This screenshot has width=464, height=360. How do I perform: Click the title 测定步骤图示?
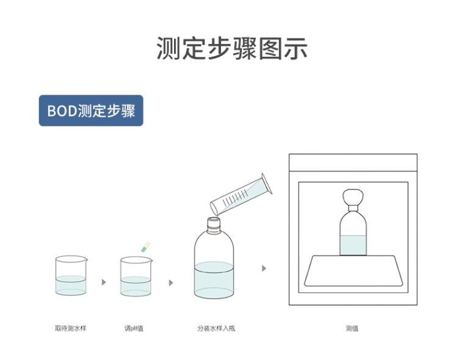pos(232,49)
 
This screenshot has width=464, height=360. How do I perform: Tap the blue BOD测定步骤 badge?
pos(91,110)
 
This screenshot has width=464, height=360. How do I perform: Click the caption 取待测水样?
pos(70,328)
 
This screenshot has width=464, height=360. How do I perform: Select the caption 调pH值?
pos(134,328)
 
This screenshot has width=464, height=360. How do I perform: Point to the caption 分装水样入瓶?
pos(216,328)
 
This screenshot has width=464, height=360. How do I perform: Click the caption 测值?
pos(352,328)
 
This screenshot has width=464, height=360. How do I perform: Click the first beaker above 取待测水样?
pos(71,276)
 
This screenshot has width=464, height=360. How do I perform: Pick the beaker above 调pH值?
pos(136,276)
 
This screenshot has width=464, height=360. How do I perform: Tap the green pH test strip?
pos(145,247)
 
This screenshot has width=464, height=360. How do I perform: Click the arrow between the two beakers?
pos(104,282)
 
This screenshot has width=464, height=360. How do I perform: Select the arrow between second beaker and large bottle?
pos(171,283)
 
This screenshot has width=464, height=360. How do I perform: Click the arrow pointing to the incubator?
pos(264,268)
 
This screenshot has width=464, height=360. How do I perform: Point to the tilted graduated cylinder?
pos(241,195)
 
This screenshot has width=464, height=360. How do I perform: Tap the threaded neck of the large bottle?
pos(214,225)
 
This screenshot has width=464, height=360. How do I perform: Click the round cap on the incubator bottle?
pos(353,197)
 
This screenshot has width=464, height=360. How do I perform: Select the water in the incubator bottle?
pos(353,245)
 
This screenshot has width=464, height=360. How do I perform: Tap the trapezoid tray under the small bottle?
pos(353,271)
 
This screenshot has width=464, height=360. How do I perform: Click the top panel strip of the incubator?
pos(353,163)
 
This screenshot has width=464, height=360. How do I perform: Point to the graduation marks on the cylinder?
pos(235,198)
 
